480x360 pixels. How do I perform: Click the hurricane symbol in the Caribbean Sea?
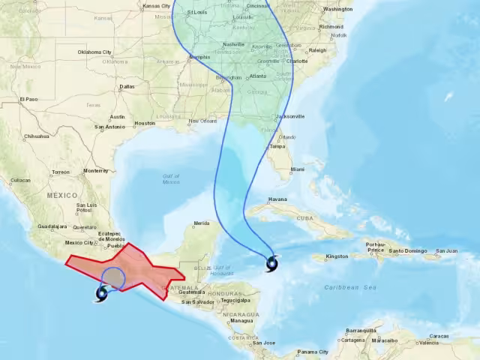pyautogui.click(x=271, y=262)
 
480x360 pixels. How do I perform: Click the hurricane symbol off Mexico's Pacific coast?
pyautogui.click(x=101, y=293)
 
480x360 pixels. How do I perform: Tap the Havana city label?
pyautogui.click(x=277, y=199)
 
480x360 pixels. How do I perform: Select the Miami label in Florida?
pyautogui.click(x=298, y=169)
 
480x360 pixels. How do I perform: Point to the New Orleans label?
pyautogui.click(x=202, y=121)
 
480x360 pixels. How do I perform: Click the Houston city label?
pyautogui.click(x=145, y=123)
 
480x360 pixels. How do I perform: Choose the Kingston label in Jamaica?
pyautogui.click(x=336, y=256)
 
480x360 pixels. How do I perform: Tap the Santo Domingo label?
pyautogui.click(x=409, y=251)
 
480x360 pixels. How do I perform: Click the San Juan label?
pyautogui.click(x=446, y=251)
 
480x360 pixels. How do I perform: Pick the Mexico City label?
pyautogui.click(x=79, y=242)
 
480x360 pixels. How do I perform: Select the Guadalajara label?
pyautogui.click(x=52, y=226)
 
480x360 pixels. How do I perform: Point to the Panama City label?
pyautogui.click(x=312, y=352)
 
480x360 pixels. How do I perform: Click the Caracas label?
pyautogui.click(x=439, y=336)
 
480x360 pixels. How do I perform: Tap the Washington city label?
pyautogui.click(x=338, y=10)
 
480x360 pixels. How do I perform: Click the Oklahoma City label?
pyautogui.click(x=94, y=52)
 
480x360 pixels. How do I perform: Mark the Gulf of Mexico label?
pyautogui.click(x=171, y=178)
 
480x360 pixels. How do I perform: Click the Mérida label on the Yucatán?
pyautogui.click(x=201, y=223)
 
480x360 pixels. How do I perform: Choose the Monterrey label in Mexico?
pyautogui.click(x=96, y=170)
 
